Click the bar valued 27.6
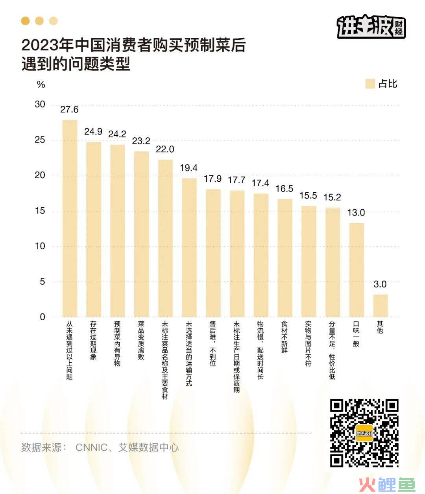[70, 218]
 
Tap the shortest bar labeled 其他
[380, 306]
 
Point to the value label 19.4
[188, 168]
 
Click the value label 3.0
[380, 284]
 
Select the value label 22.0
[165, 149]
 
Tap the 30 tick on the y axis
[40, 105]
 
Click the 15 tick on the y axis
[40, 211]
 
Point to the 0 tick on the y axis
[42, 317]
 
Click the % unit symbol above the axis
[41, 85]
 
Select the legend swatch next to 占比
[370, 84]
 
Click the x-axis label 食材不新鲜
[285, 337]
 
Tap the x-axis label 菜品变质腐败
[141, 340]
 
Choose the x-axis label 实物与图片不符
[309, 343]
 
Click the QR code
[364, 433]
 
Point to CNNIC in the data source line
[91, 448]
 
